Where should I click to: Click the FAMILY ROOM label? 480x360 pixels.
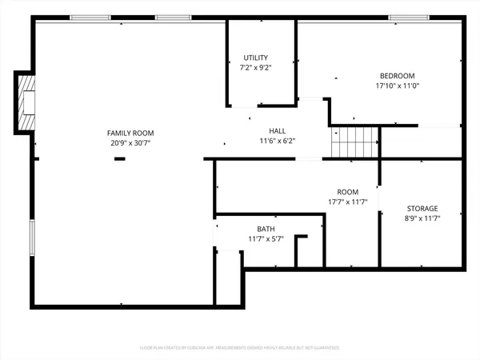[130, 133]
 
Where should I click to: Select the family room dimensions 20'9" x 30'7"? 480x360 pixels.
[130, 142]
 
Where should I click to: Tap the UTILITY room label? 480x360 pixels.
[256, 58]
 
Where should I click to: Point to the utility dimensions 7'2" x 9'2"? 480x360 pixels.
[256, 67]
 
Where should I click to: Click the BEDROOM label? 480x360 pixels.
[397, 75]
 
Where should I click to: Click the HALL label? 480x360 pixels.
[277, 131]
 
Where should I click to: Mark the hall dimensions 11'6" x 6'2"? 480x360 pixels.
[277, 141]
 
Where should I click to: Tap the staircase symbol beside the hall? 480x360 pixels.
[354, 142]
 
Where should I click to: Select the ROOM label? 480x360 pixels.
[347, 192]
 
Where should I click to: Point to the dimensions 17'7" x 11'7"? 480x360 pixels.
[347, 202]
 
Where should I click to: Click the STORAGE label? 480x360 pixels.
[421, 209]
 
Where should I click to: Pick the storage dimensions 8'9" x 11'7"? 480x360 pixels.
[421, 218]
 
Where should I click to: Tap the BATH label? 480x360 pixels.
[266, 229]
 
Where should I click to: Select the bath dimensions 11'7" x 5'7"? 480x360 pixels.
[266, 238]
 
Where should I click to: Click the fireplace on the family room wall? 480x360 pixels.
[26, 102]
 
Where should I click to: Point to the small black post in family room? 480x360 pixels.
[119, 159]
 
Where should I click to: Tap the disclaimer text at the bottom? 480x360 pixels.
[240, 348]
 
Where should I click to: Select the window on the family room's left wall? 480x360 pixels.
[32, 237]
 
